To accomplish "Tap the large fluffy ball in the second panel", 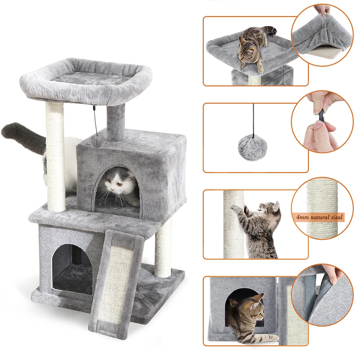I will [252, 148].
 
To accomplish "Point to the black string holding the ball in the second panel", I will [253, 119].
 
